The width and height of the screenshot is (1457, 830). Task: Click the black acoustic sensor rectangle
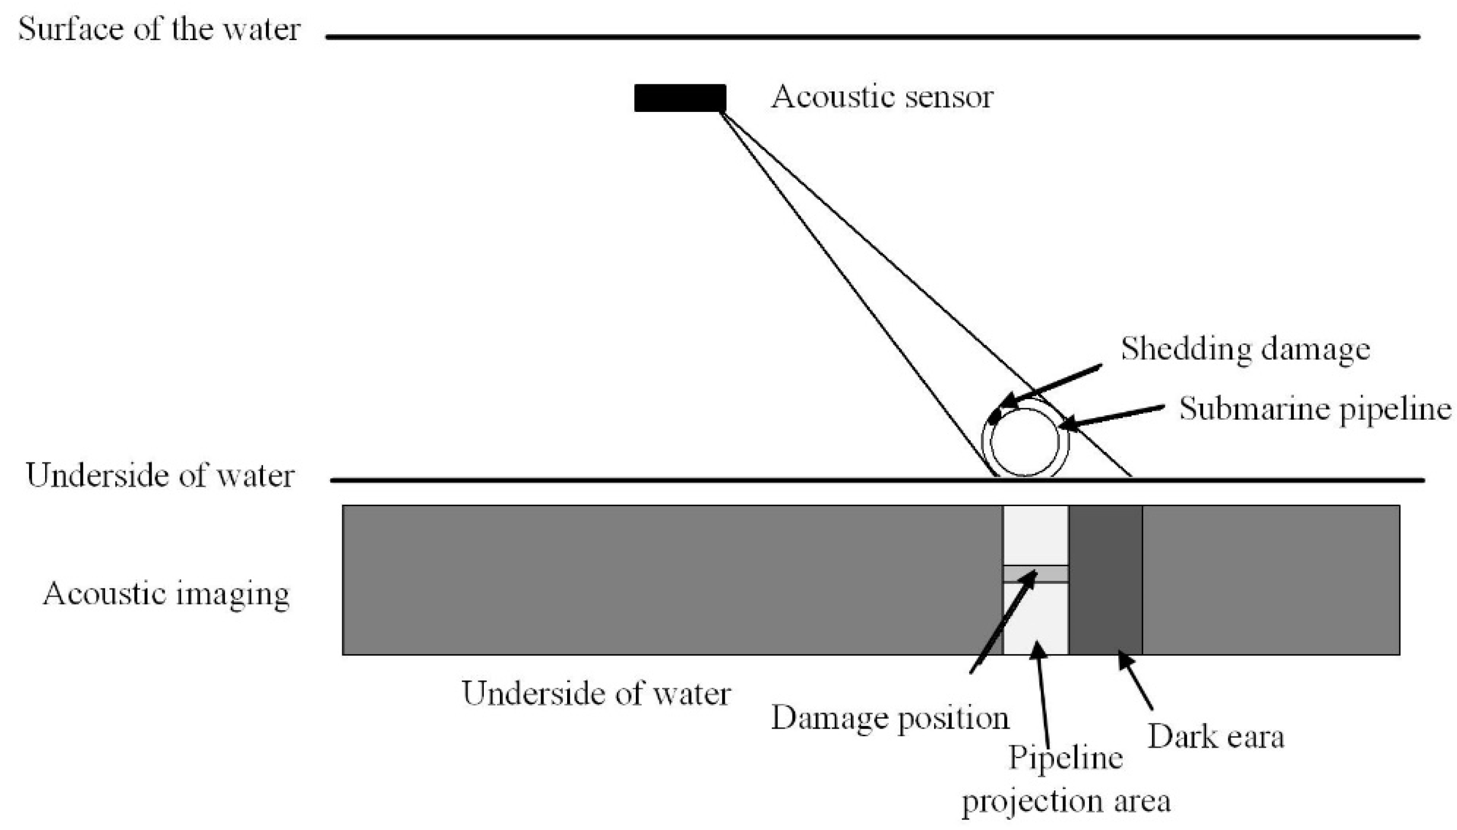[x=680, y=97]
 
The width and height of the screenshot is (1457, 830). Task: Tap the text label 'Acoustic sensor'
[x=882, y=97]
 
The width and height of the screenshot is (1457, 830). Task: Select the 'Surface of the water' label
[x=159, y=29]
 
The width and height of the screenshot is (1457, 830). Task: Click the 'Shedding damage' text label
[x=1245, y=349]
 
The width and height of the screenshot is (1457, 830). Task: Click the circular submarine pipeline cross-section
[x=1025, y=442]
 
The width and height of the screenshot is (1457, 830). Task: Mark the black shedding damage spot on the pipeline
[x=995, y=418]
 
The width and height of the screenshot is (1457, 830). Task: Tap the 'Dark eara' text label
[x=1216, y=736]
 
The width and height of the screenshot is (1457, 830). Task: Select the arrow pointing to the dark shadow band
[x=1136, y=681]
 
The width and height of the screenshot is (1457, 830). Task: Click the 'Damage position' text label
[x=890, y=718]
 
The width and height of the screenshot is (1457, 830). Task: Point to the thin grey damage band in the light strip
[x=1035, y=573]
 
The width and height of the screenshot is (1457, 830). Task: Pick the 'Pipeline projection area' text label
[x=1066, y=780]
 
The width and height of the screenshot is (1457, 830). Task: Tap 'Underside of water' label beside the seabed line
[x=160, y=476]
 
